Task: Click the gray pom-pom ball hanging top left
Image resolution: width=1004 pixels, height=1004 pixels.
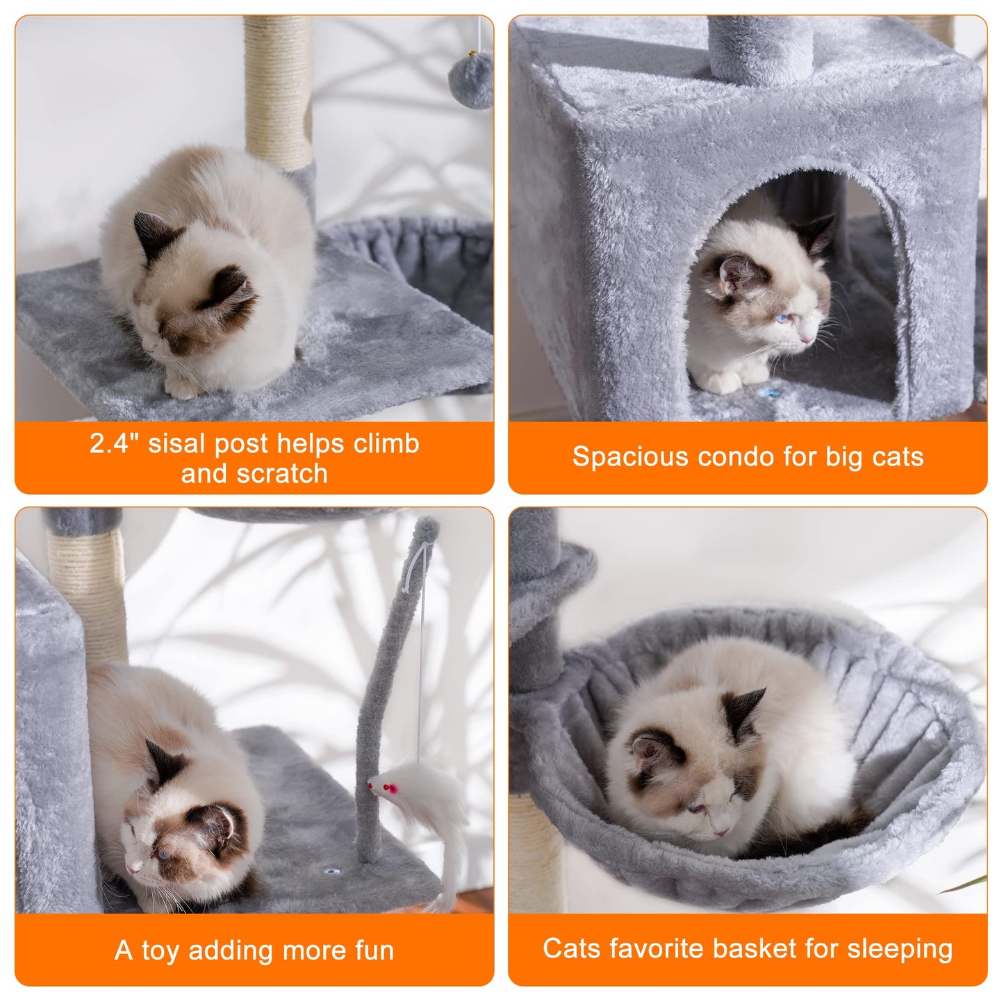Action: [470, 81]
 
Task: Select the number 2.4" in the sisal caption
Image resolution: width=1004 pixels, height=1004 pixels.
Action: [110, 443]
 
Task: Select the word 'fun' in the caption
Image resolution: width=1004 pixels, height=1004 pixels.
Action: [374, 950]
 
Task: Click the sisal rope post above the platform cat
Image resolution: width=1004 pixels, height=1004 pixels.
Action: [278, 90]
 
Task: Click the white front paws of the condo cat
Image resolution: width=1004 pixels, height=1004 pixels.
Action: [723, 381]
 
